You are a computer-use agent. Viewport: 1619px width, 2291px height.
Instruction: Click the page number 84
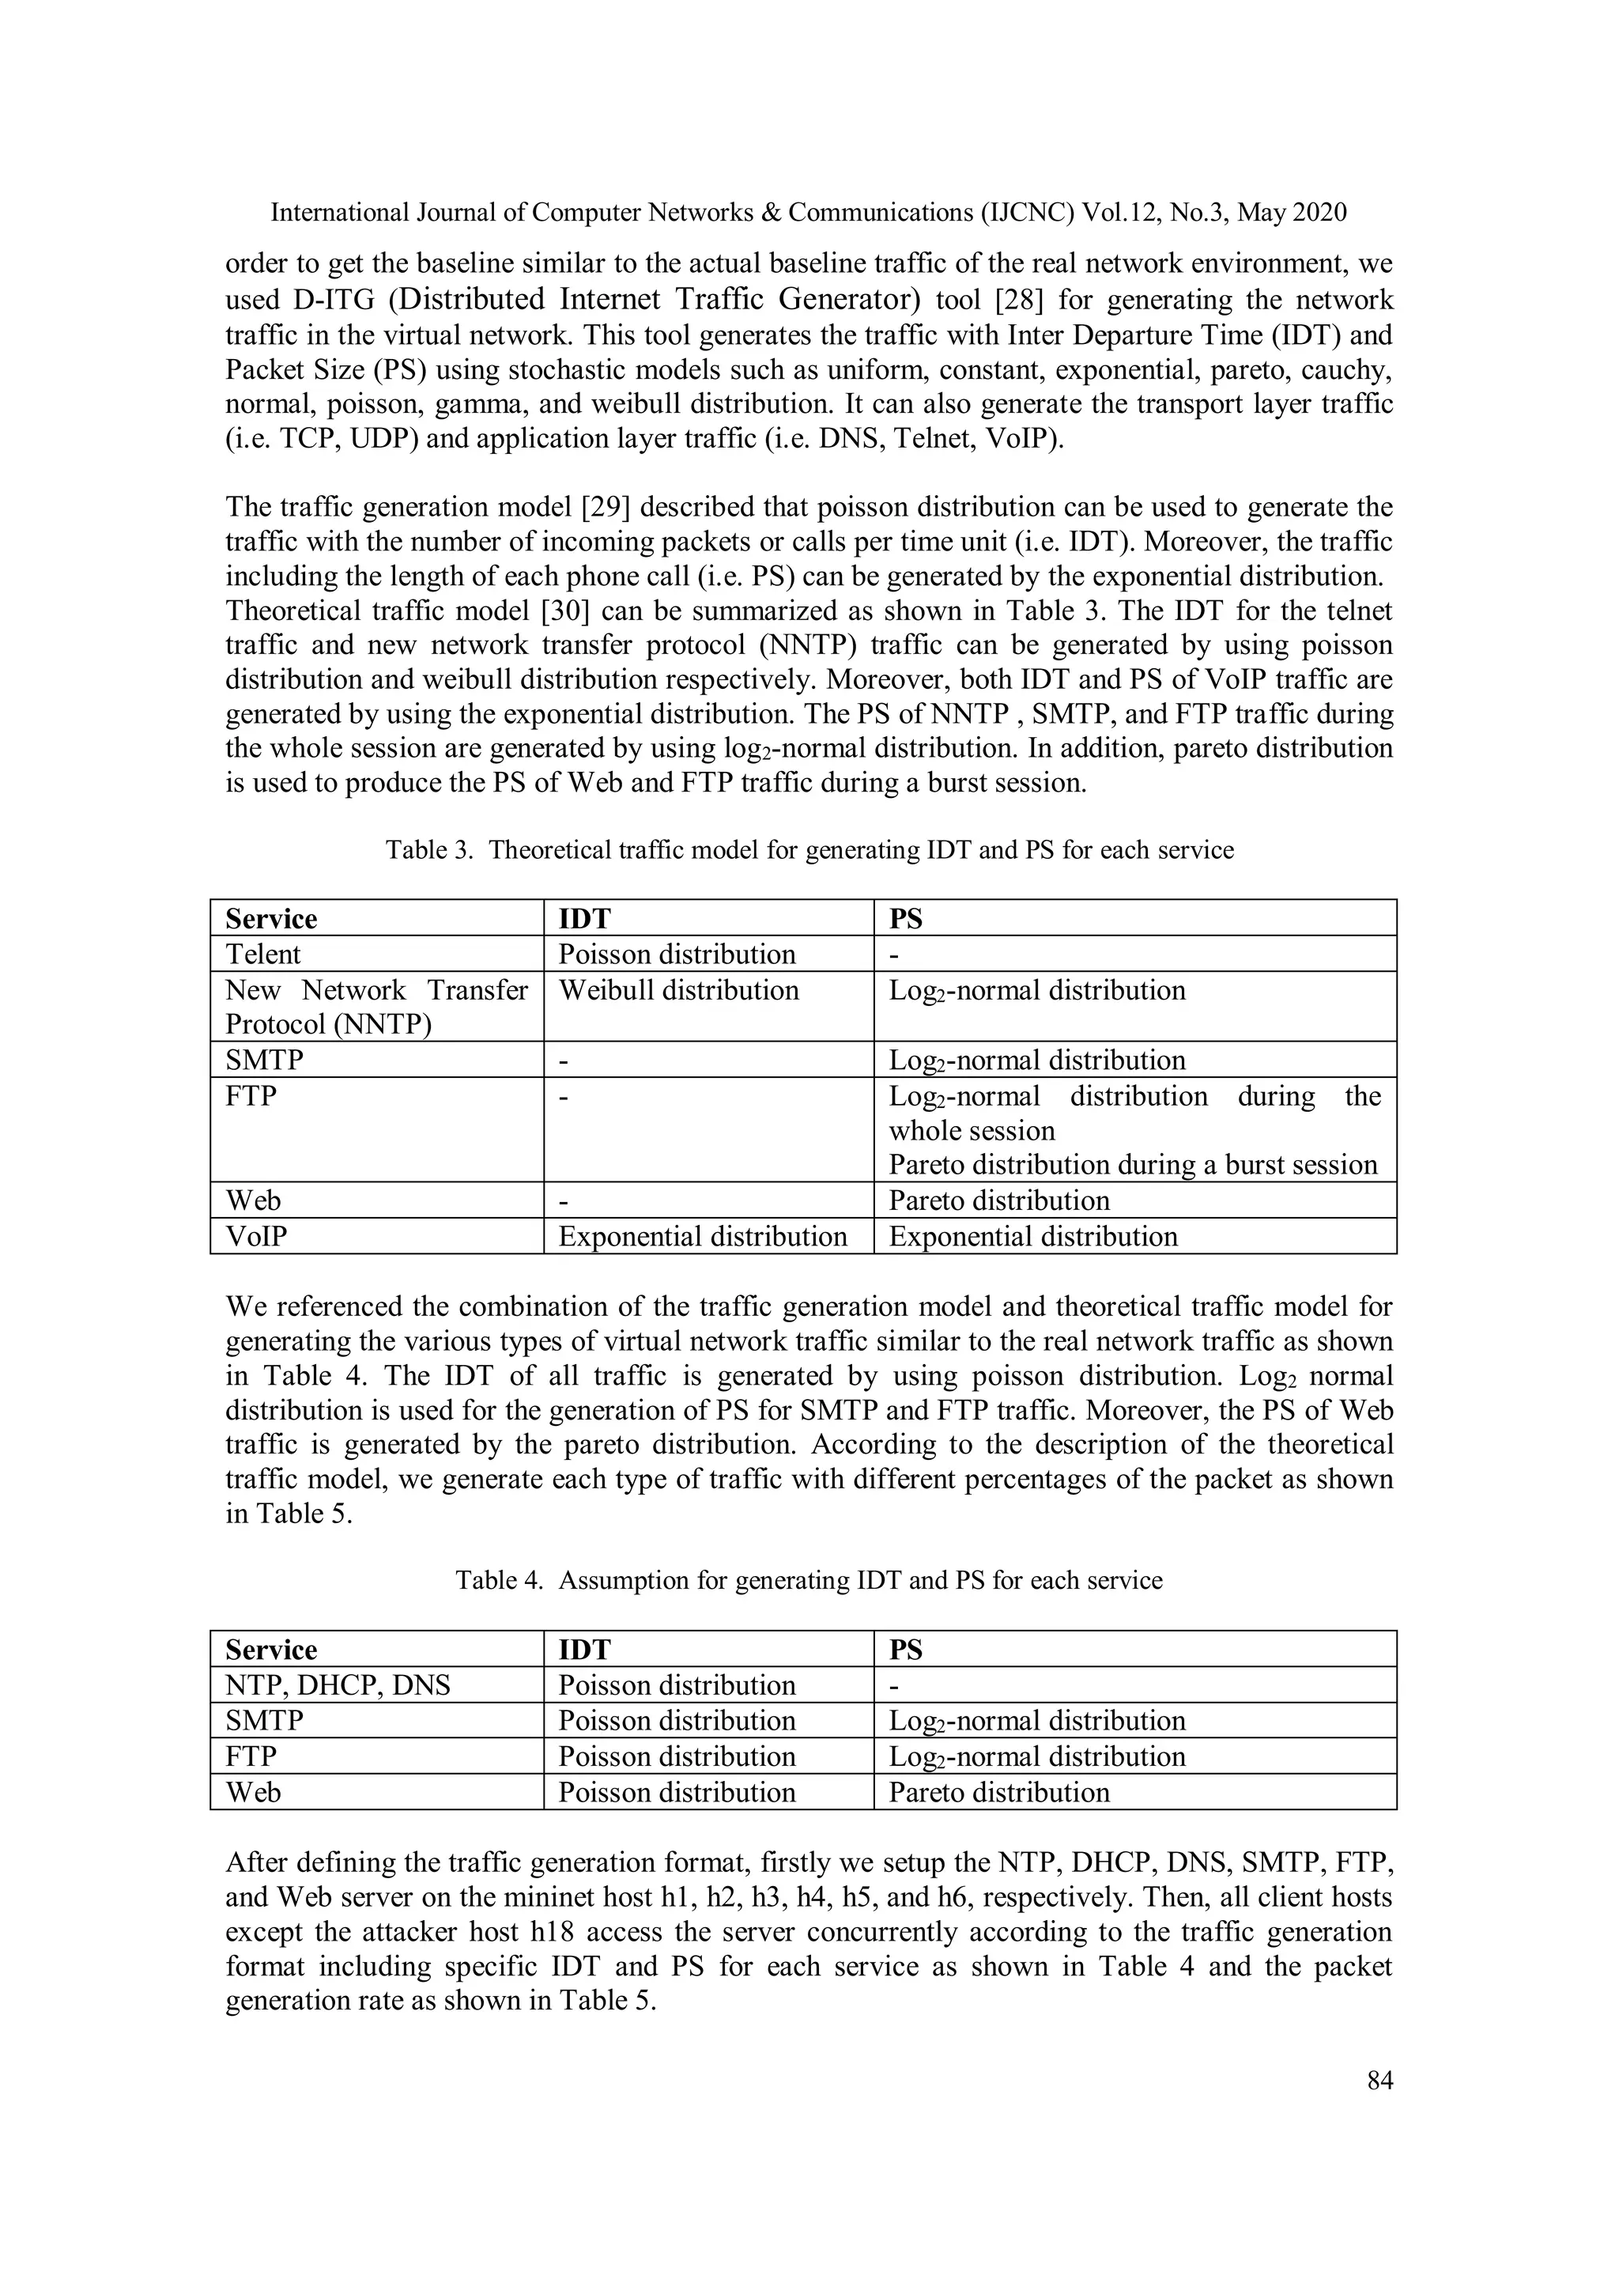[1379, 2081]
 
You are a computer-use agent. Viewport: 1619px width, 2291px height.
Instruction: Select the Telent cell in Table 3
[262, 955]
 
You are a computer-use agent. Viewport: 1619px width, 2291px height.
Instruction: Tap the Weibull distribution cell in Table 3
[678, 991]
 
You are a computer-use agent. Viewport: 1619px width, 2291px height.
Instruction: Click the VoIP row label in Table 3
[256, 1238]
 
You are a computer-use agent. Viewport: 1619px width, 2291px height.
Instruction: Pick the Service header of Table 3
[271, 919]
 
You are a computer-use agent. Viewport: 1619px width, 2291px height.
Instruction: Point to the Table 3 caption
[809, 850]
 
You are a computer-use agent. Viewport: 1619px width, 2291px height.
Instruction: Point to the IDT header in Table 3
[583, 919]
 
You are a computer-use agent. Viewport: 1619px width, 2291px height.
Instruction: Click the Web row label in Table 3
[254, 1201]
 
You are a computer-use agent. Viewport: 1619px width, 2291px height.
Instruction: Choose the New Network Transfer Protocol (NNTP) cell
[376, 1008]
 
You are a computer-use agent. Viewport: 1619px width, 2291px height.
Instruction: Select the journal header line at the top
[809, 213]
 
